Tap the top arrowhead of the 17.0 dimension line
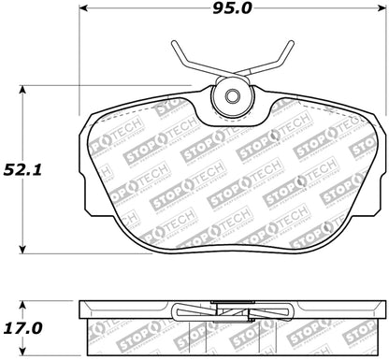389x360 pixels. click(x=25, y=303)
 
